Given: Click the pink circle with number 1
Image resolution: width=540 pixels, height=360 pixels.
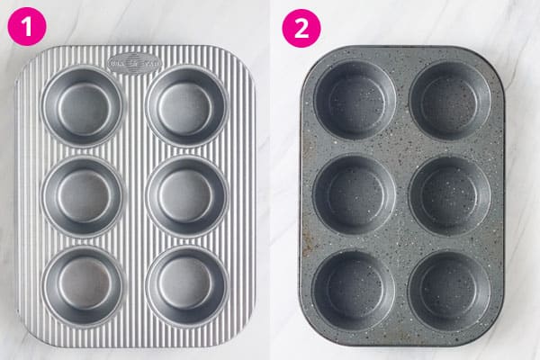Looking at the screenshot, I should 29,28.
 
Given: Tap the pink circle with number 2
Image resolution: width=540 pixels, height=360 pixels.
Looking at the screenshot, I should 301,28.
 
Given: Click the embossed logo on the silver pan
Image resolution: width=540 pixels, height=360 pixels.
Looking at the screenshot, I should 133,63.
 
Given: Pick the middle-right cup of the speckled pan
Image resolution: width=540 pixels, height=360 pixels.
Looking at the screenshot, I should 451,194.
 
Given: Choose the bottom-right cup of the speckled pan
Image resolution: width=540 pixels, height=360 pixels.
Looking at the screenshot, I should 451,288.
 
